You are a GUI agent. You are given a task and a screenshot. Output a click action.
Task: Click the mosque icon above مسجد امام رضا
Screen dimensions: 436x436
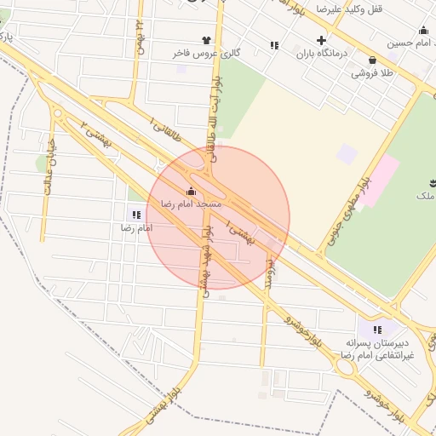click(x=191, y=192)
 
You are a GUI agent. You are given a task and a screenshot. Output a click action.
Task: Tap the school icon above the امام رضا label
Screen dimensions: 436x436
click(x=136, y=215)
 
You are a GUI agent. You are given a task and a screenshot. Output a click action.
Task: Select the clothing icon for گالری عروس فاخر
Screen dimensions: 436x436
click(x=205, y=39)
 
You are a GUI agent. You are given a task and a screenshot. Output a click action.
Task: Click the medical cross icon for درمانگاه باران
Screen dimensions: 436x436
click(x=321, y=40)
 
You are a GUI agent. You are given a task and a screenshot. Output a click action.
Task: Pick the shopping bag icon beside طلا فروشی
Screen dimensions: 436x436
click(x=373, y=60)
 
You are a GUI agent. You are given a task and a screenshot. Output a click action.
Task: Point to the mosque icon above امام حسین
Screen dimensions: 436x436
click(x=423, y=31)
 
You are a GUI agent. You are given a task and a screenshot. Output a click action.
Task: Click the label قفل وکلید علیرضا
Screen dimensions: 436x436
click(x=350, y=9)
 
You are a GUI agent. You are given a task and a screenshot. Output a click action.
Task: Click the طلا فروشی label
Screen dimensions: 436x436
click(x=374, y=73)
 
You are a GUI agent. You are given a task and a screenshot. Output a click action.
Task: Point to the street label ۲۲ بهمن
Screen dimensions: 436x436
click(x=141, y=37)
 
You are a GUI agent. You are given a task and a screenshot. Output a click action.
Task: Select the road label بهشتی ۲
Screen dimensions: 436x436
click(x=96, y=135)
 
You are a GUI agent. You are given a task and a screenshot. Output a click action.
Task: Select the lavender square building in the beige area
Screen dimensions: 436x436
click(x=347, y=154)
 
